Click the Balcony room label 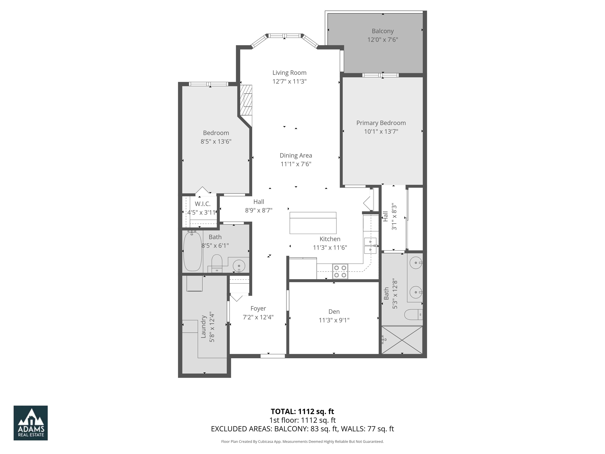[x=382, y=31]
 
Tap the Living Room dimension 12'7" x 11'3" [x=289, y=81]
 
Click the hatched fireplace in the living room [x=246, y=100]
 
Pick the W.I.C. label [x=202, y=204]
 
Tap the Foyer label [x=258, y=308]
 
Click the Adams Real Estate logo [x=31, y=423]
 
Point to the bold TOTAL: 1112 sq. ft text [x=302, y=411]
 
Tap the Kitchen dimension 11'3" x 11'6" [x=330, y=247]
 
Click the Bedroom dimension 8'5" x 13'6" [x=216, y=141]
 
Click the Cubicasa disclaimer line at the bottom [x=302, y=441]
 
